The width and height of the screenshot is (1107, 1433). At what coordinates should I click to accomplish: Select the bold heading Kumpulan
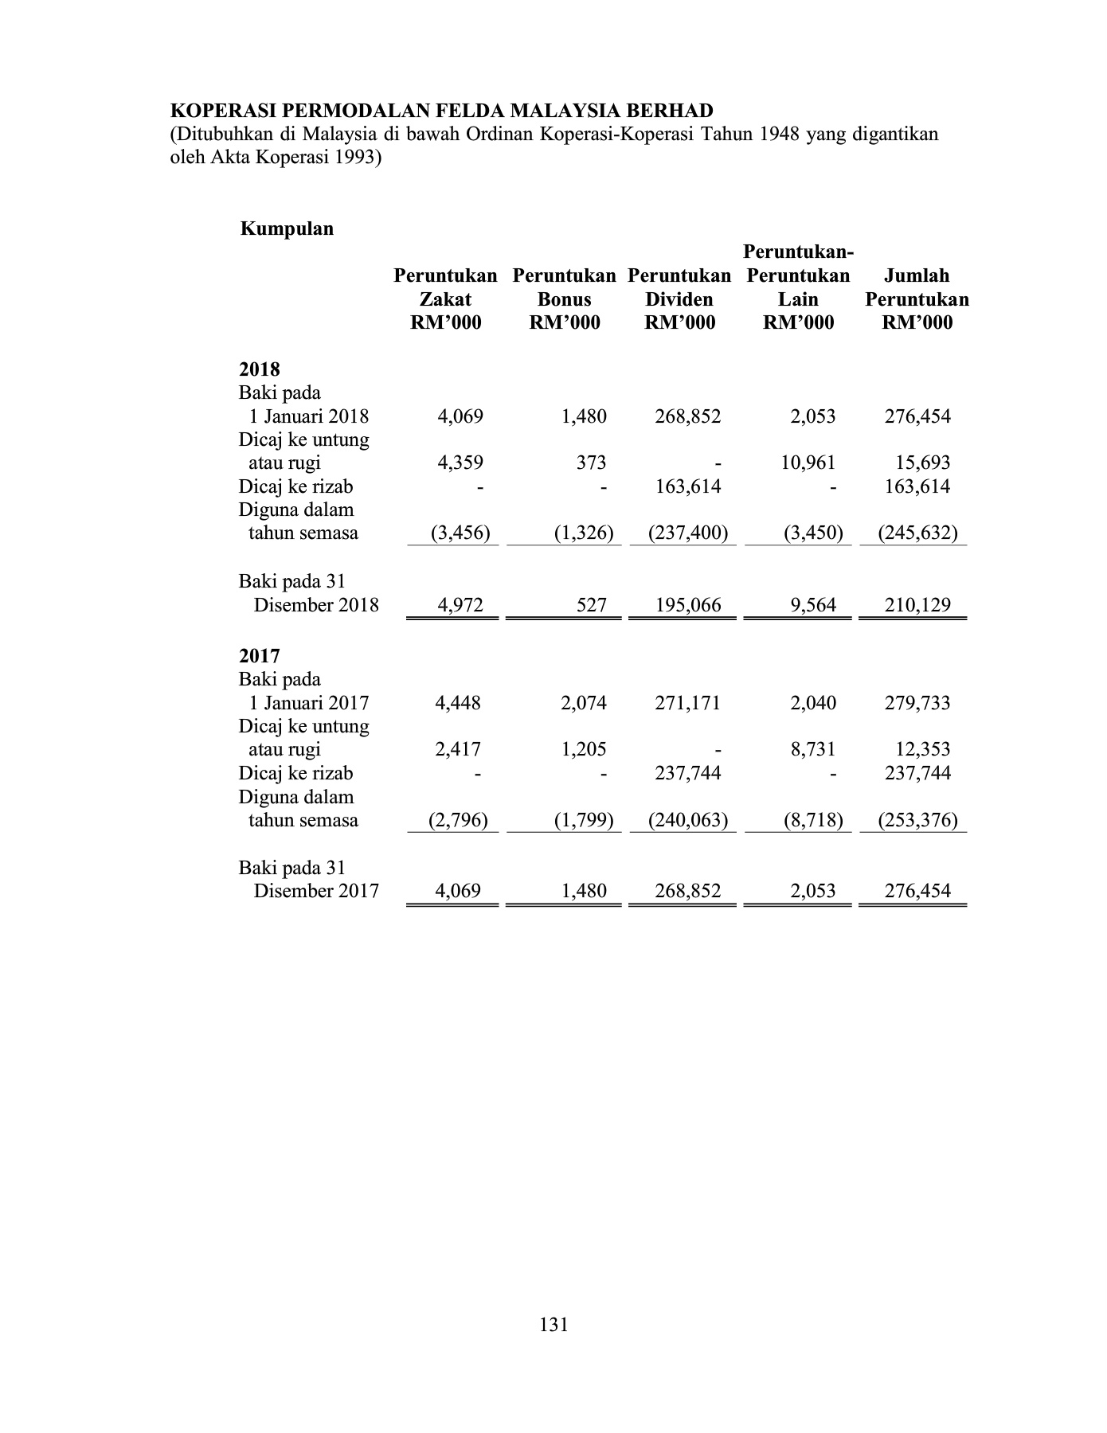coord(287,229)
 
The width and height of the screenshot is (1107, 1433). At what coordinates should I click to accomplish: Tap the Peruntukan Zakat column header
coord(445,299)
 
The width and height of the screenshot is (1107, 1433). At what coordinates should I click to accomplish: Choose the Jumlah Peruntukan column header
coord(917,299)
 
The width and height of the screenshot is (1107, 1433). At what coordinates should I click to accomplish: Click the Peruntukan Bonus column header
coord(564,299)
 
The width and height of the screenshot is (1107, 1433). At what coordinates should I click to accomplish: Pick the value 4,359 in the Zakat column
coord(460,463)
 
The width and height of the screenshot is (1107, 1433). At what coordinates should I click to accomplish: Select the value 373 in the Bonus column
coord(591,463)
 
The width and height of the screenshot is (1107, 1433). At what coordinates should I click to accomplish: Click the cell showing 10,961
coord(808,463)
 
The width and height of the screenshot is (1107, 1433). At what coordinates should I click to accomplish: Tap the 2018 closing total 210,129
coord(917,605)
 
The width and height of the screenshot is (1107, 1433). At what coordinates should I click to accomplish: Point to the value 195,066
coord(688,605)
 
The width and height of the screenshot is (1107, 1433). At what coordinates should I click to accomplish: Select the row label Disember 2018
coord(316,605)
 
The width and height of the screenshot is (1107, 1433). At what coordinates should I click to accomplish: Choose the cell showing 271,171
coord(687,703)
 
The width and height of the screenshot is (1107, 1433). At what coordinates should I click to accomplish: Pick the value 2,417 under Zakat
coord(458,749)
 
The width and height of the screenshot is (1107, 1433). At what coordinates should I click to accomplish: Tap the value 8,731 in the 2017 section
coord(813,749)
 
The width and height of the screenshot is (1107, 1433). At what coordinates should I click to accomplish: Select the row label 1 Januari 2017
coord(308,703)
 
